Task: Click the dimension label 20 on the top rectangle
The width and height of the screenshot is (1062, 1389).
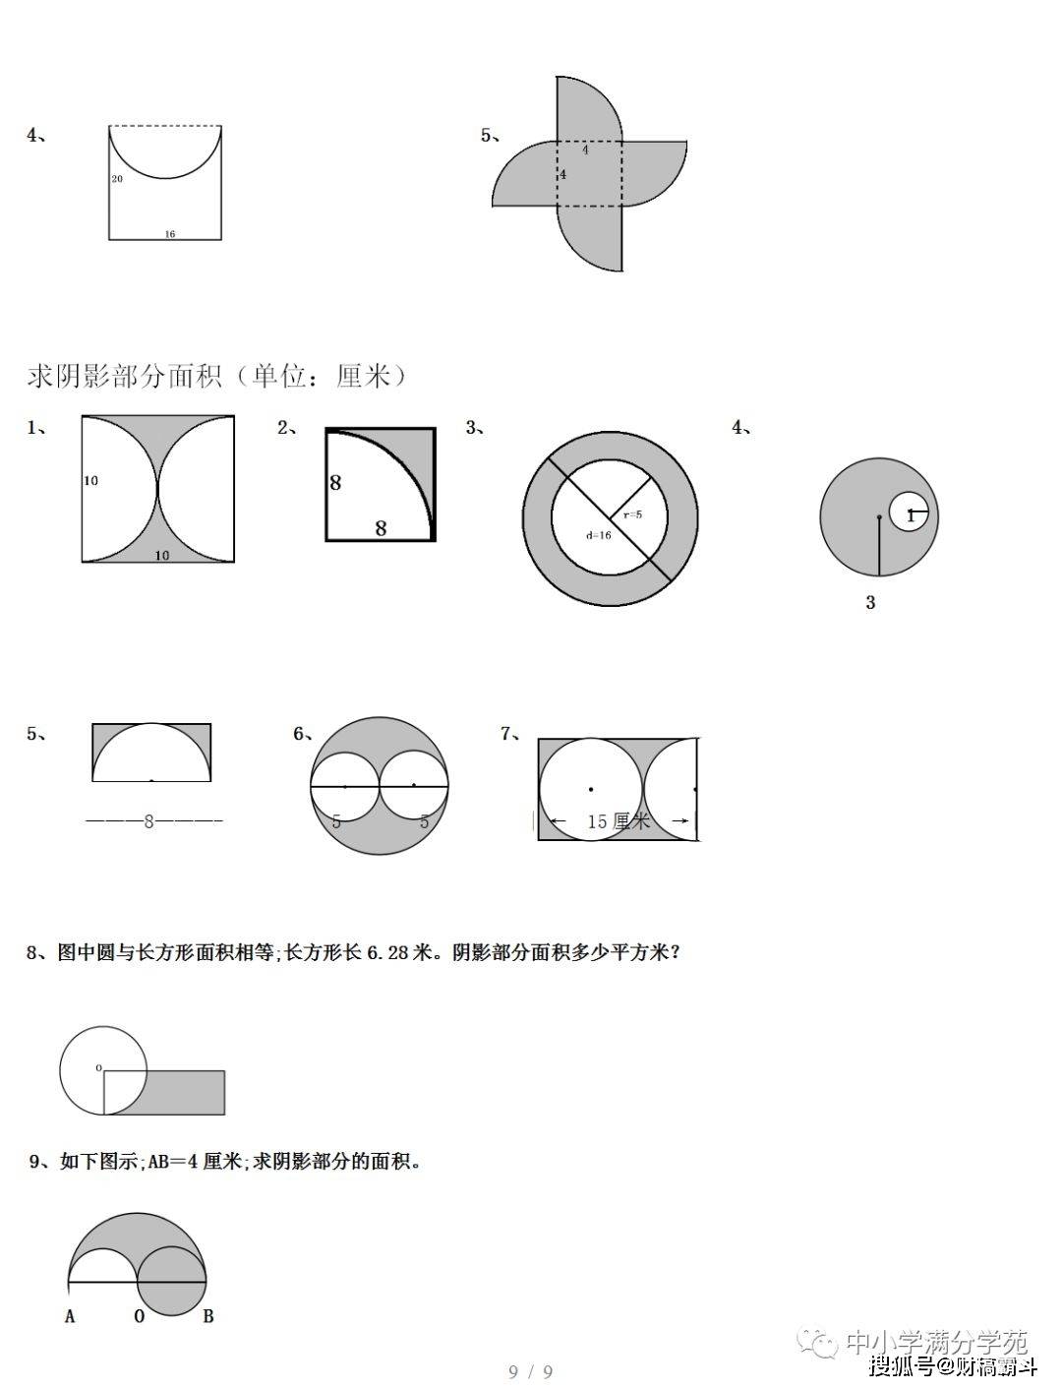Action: coord(117,179)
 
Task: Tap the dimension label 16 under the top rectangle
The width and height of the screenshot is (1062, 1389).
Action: coord(170,234)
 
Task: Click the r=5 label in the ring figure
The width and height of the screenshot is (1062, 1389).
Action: coord(632,513)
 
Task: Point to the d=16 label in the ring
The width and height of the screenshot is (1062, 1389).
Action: coord(598,535)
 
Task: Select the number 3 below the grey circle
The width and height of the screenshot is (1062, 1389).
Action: coord(870,602)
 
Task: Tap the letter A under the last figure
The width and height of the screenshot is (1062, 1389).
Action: coord(70,1316)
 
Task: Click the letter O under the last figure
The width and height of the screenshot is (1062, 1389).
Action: coord(139,1316)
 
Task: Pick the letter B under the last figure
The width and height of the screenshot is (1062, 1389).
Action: coord(208,1316)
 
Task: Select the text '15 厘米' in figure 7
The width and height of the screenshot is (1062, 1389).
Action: coord(619,821)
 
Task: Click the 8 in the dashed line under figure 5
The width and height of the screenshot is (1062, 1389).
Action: coord(148,821)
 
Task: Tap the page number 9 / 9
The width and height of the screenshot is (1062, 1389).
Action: coord(531,1371)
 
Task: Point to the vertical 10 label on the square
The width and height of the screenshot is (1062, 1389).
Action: coord(90,481)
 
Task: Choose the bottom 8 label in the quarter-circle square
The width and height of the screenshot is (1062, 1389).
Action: coord(381,528)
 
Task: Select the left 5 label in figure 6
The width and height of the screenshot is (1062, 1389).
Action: coord(336,821)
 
